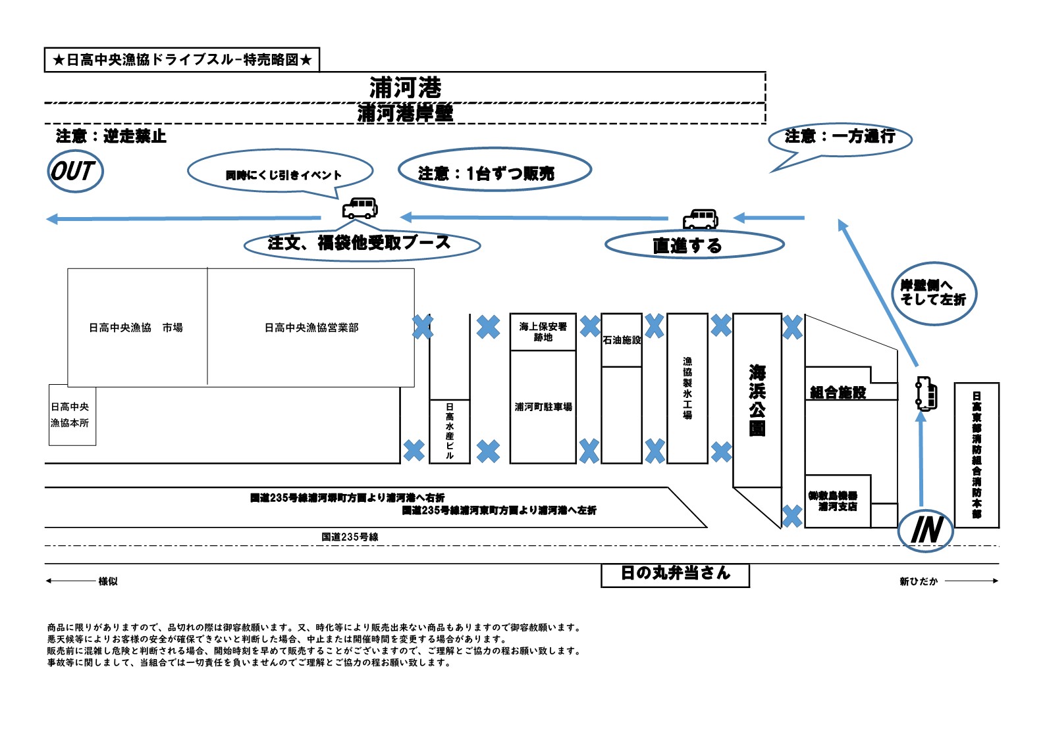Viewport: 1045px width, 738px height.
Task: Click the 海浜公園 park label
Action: [x=757, y=400]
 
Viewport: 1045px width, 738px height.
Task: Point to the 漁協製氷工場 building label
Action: [x=687, y=388]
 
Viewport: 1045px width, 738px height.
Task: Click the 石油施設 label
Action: [x=622, y=340]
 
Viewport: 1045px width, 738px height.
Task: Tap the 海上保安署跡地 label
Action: [x=543, y=332]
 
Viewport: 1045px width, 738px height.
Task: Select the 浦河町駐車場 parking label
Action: [x=543, y=406]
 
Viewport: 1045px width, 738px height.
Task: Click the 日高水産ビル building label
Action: [x=449, y=431]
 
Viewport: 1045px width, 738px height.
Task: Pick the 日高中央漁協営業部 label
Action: [x=311, y=328]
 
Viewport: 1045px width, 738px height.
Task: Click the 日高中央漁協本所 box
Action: [x=72, y=414]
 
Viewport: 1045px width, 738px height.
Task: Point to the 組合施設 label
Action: [x=838, y=393]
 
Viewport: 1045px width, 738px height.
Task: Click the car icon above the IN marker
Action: [x=926, y=394]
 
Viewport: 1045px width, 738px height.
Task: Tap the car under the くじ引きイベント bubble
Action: [x=360, y=209]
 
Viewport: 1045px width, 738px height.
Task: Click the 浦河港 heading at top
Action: [x=405, y=87]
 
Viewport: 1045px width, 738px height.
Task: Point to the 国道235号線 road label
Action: [x=350, y=537]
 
